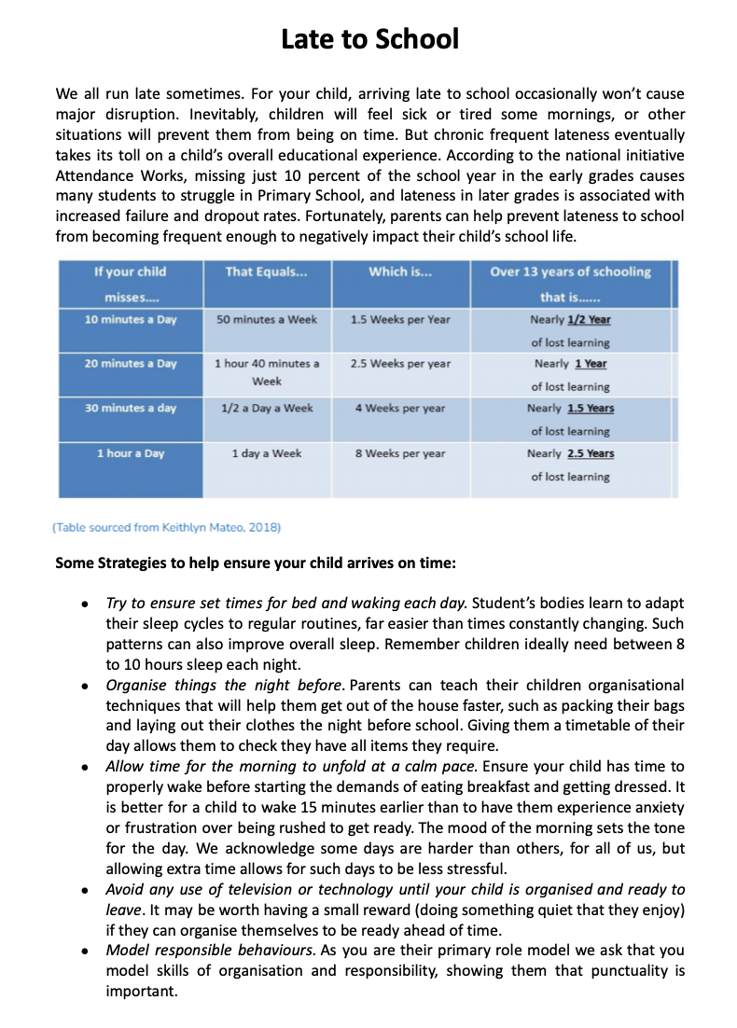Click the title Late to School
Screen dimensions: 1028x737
[369, 39]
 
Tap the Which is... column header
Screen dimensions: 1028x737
[400, 272]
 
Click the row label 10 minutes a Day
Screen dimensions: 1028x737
[130, 319]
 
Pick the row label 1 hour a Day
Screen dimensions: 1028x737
[130, 453]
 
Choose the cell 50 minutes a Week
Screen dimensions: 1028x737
[267, 319]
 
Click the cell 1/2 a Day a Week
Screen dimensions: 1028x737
[267, 409]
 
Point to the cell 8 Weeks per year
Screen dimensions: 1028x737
[400, 453]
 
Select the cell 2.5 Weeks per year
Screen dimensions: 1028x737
[400, 364]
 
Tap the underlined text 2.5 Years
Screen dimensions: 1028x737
[590, 453]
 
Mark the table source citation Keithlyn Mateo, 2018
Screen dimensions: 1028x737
[167, 527]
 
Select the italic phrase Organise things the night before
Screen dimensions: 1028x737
[219, 685]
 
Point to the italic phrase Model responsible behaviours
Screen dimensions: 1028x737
[210, 951]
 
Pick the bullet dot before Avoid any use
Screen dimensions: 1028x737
[85, 890]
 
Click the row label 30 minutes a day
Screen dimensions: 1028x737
[130, 409]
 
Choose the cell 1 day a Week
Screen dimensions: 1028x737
[267, 453]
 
